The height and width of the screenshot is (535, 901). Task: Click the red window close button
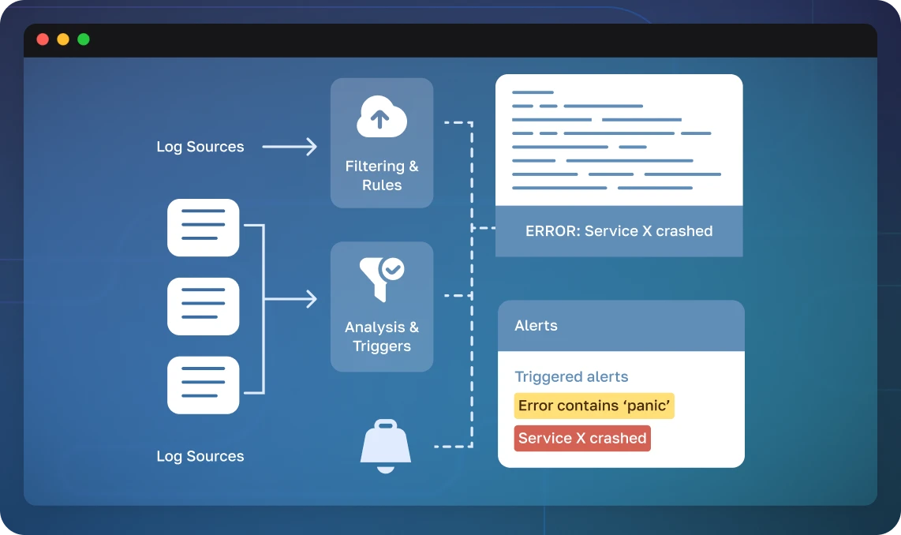(43, 39)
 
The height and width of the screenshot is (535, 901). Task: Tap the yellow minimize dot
(63, 39)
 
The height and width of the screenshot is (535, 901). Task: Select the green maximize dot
(84, 39)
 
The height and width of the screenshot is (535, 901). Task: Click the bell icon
(386, 447)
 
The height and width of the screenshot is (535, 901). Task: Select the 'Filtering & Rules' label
(382, 176)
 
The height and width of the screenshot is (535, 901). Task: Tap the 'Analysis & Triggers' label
(382, 337)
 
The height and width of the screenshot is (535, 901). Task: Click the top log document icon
(204, 227)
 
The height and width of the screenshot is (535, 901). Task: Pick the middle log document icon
(204, 306)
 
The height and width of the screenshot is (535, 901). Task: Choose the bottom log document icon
(204, 385)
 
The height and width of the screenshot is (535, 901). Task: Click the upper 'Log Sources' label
(200, 147)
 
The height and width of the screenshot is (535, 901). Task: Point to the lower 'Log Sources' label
(200, 456)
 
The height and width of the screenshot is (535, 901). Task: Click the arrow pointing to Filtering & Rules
(290, 147)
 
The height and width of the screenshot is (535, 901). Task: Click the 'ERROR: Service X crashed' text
(619, 231)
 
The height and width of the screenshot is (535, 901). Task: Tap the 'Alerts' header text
(536, 325)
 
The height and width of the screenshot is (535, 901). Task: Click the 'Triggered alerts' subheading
(571, 377)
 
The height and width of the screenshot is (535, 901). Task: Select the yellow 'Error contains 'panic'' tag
(594, 406)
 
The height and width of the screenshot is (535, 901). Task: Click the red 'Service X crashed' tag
(582, 438)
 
